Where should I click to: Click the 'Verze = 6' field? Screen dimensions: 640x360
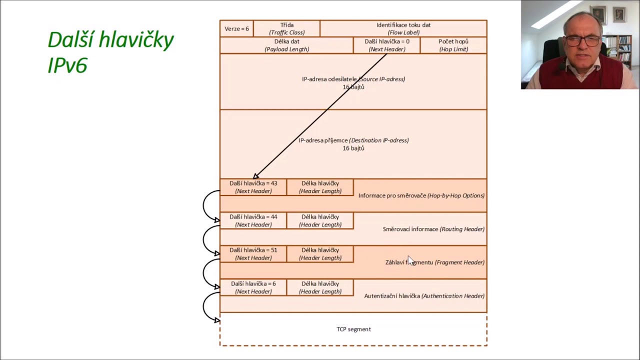click(236, 28)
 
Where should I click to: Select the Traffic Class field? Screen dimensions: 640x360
click(286, 28)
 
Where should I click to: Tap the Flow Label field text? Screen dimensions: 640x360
click(403, 28)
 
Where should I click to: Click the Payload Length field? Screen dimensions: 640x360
click(286, 45)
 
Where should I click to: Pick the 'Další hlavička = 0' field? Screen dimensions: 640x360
click(387, 45)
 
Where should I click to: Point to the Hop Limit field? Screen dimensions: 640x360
click(453, 45)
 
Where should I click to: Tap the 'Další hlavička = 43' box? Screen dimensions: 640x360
click(253, 187)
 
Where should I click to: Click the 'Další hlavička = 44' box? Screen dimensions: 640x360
click(253, 220)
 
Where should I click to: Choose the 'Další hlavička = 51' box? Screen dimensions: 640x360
click(253, 254)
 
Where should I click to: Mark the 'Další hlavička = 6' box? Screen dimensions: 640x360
click(253, 287)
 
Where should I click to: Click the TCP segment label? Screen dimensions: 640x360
click(353, 329)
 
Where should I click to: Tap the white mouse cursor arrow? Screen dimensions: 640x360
click(410, 260)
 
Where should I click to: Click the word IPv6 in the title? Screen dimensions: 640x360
click(67, 65)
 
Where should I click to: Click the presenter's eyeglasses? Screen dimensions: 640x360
click(583, 40)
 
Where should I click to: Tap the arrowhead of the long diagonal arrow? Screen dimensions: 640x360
click(255, 176)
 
